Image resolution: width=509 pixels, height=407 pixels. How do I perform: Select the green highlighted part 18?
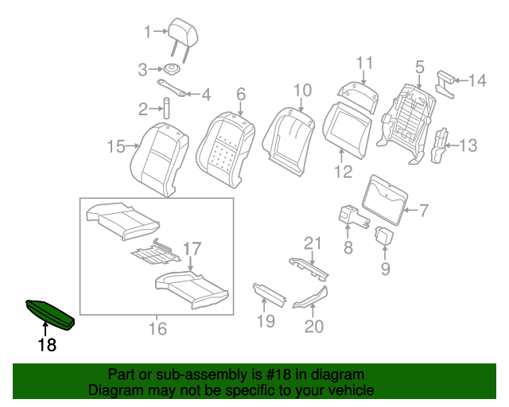tap(50, 313)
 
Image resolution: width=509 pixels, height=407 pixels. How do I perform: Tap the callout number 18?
tap(48, 344)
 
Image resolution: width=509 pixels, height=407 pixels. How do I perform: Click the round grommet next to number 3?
tap(172, 69)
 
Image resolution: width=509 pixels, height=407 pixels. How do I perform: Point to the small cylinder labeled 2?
tap(167, 108)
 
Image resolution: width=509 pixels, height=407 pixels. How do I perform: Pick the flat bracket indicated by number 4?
tap(172, 88)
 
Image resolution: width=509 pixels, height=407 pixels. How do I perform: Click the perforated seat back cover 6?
tap(226, 149)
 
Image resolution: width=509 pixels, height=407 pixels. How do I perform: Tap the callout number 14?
tap(477, 80)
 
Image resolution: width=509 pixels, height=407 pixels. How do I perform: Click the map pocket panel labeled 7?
tap(384, 200)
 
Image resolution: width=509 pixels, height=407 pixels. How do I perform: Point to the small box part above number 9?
tap(384, 235)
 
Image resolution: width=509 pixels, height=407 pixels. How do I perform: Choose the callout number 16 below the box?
tap(157, 328)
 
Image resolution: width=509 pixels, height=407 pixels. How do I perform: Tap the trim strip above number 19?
tap(270, 295)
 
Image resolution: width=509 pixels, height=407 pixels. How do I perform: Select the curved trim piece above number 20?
tap(311, 297)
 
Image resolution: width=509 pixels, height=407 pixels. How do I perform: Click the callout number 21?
tap(313, 243)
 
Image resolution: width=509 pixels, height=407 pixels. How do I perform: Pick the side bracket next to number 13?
tap(439, 145)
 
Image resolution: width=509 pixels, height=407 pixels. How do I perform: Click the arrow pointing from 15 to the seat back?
tap(133, 146)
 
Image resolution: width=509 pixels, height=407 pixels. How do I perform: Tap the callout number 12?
tap(344, 172)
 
